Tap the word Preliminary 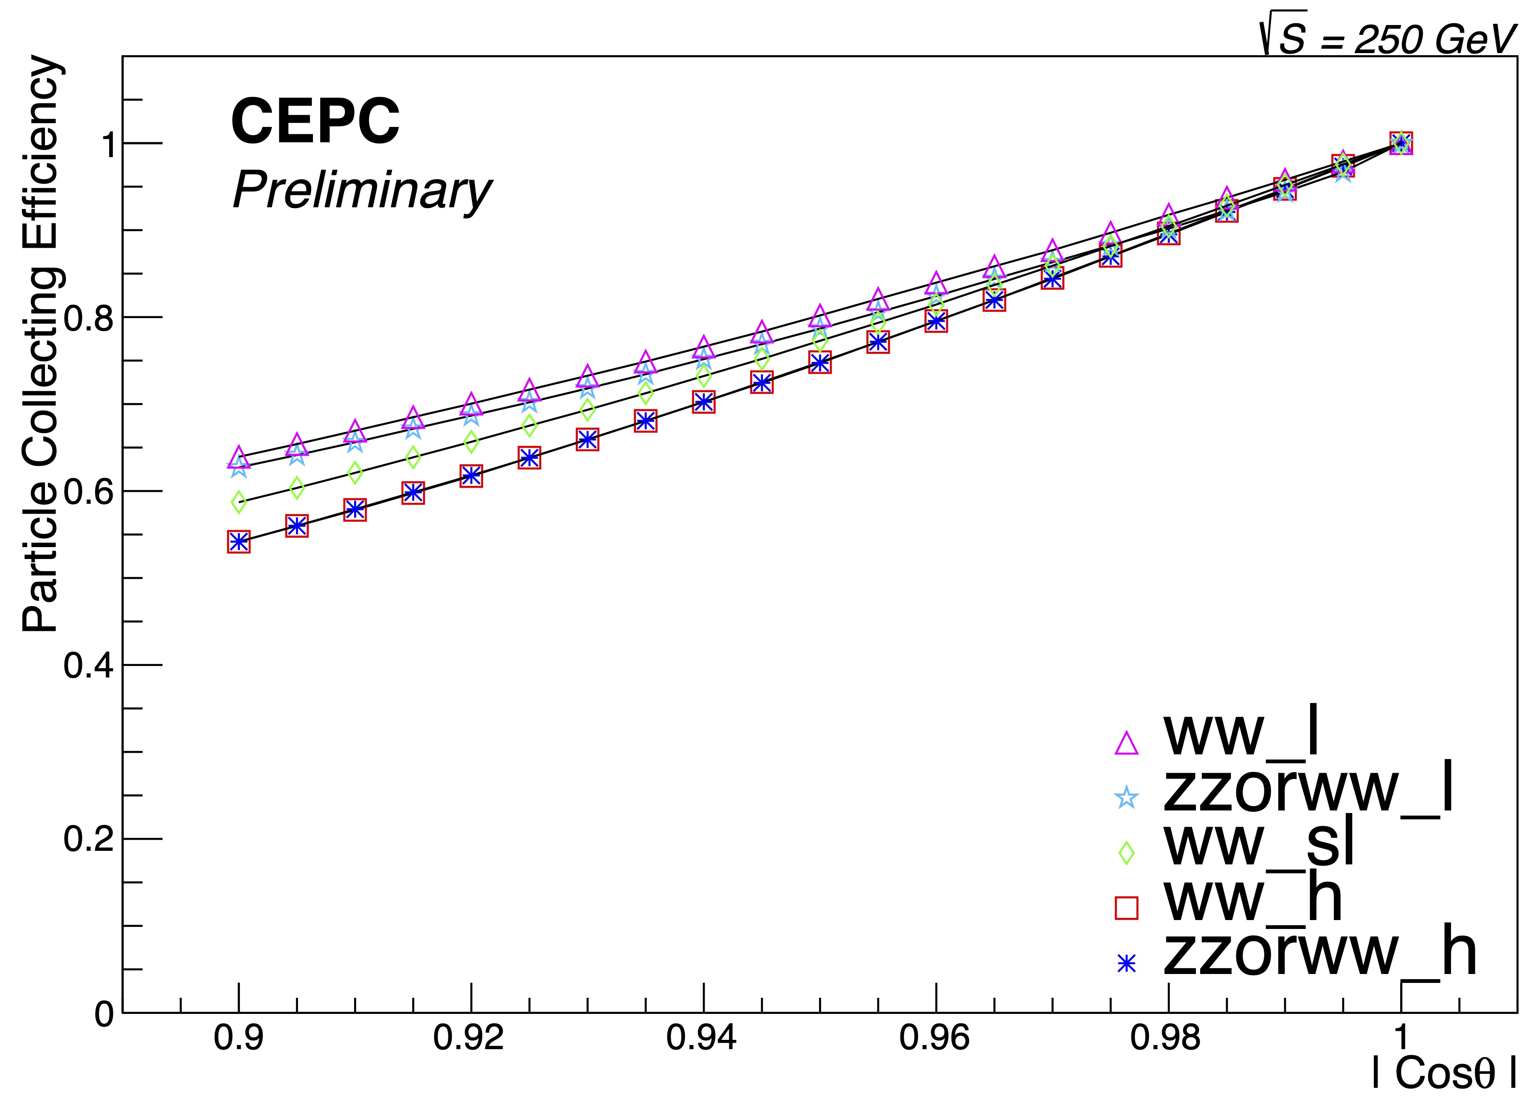point(362,192)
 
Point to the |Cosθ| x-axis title point(1443,1072)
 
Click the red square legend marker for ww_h point(1126,908)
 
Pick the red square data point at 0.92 point(471,476)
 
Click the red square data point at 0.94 point(703,402)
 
